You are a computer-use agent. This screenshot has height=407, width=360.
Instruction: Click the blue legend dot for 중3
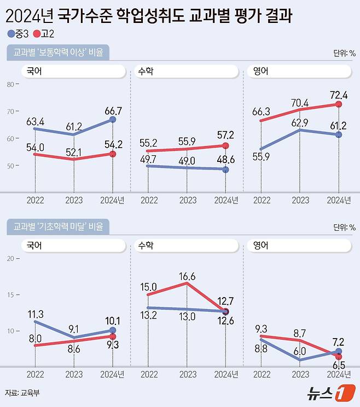click(11, 34)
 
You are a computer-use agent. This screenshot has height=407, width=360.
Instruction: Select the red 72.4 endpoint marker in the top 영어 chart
click(339, 104)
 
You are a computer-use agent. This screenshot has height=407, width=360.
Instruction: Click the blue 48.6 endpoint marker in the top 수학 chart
click(225, 170)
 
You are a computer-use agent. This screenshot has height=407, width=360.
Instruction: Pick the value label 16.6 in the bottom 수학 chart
click(187, 276)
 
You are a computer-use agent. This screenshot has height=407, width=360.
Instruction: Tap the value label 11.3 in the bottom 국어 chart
click(35, 313)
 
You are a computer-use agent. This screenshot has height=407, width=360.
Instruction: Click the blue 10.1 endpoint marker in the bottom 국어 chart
click(113, 330)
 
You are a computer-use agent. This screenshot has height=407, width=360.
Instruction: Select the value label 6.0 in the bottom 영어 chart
click(300, 351)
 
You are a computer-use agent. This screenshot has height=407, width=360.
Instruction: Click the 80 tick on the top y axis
click(10, 84)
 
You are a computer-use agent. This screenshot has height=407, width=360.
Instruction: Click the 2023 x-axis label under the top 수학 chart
click(187, 200)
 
